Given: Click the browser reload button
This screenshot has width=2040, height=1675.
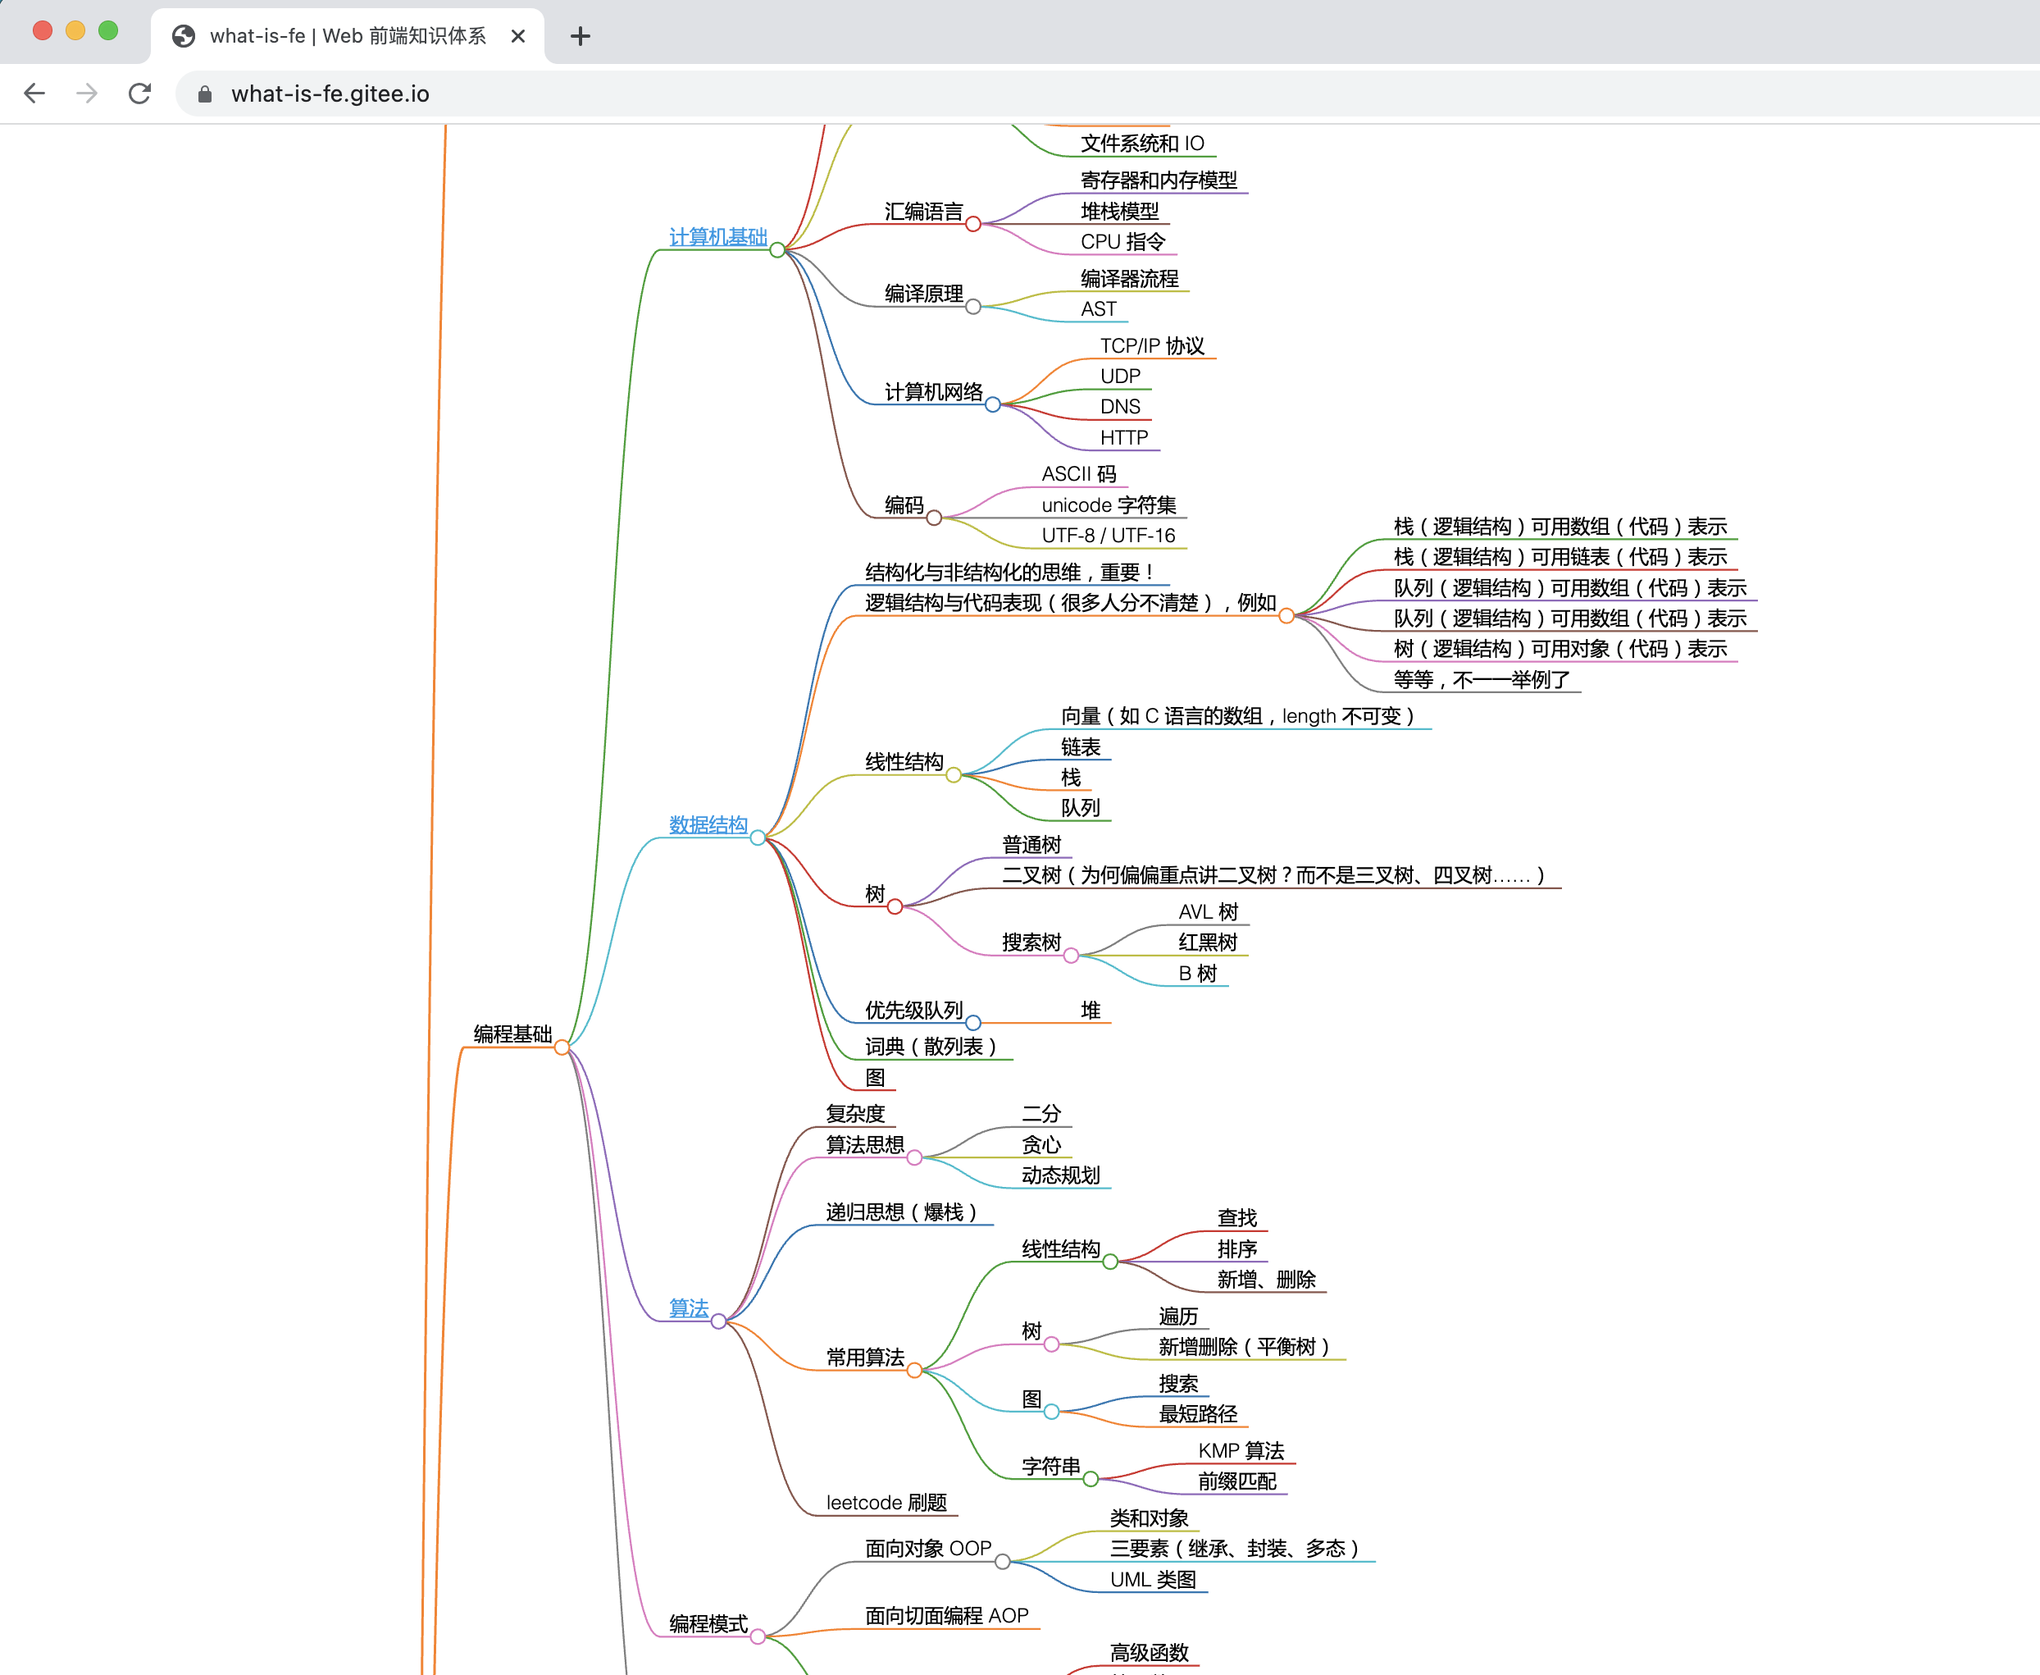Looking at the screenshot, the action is click(140, 94).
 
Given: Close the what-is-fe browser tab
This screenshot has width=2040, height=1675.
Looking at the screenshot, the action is click(518, 36).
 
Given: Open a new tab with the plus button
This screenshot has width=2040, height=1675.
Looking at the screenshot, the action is click(580, 37).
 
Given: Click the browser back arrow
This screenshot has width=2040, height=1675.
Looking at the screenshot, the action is click(34, 94).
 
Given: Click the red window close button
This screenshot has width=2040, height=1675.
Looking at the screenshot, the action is click(43, 31).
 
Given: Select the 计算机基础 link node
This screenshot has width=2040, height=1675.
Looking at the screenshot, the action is click(717, 236).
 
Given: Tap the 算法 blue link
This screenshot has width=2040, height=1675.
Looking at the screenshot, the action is click(689, 1308).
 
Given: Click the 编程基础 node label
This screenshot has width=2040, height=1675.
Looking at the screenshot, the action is click(512, 1034).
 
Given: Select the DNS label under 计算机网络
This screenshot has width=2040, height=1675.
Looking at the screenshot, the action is click(1120, 407).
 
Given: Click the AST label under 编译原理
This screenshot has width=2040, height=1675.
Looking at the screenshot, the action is click(1099, 308).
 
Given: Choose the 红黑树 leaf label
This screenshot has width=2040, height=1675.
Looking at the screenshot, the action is click(1208, 942).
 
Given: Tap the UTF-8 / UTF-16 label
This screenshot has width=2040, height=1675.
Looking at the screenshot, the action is click(1109, 536).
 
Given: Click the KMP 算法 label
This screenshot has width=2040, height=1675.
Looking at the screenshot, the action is click(1241, 1451).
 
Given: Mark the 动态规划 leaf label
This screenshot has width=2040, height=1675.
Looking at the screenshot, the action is click(1060, 1175).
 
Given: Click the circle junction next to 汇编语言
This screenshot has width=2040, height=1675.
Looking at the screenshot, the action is click(973, 225).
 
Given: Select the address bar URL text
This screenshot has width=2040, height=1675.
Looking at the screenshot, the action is click(330, 94).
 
